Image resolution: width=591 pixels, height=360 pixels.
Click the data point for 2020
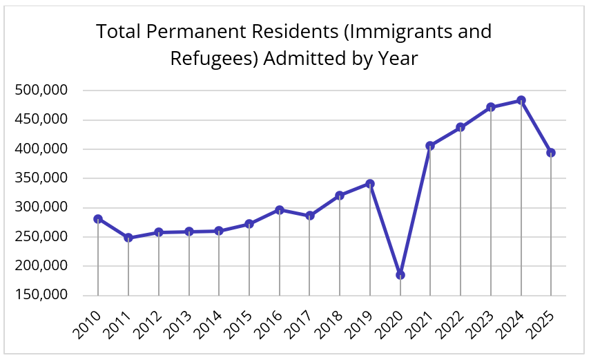click(x=400, y=275)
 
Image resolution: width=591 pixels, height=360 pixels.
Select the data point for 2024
click(x=521, y=100)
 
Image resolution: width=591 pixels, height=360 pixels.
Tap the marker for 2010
click(x=98, y=219)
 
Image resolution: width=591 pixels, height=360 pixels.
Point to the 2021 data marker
click(x=430, y=146)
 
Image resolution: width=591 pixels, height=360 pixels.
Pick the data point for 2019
click(x=370, y=184)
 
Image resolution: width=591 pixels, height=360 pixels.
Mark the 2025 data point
click(x=551, y=153)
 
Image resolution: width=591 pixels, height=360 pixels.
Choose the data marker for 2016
click(x=280, y=210)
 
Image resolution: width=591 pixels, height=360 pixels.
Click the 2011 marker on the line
click(x=128, y=238)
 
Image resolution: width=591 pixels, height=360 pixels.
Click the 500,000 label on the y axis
click(x=41, y=91)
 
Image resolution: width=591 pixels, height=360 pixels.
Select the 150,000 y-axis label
click(x=41, y=295)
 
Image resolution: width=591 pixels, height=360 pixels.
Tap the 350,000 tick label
click(x=41, y=178)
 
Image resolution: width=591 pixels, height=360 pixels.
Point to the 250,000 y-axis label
click(x=41, y=237)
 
